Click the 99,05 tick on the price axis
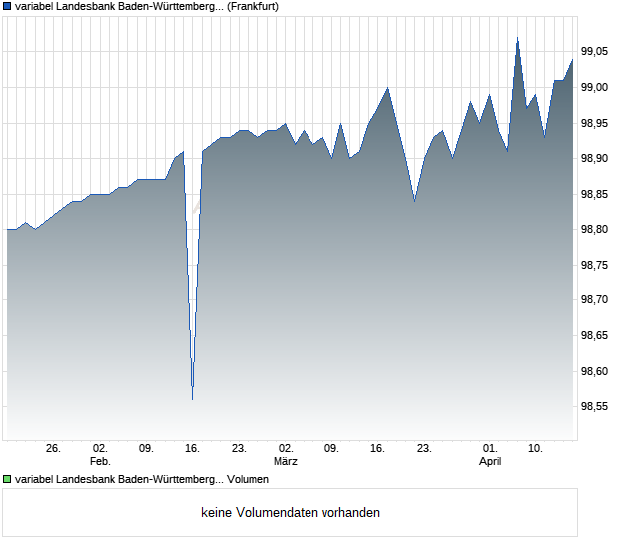click(595, 52)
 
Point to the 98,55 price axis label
click(595, 407)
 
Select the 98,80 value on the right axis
click(595, 230)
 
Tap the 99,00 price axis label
click(595, 88)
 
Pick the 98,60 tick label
click(595, 372)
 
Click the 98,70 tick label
click(595, 300)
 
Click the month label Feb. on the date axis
click(99, 462)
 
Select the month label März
click(286, 462)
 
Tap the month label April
click(490, 462)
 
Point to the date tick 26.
click(54, 449)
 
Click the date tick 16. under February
click(193, 449)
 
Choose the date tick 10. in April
click(536, 449)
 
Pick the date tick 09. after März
click(332, 449)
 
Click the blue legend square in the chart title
click(7, 6)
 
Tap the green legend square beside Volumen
click(7, 480)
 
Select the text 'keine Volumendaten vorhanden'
click(291, 513)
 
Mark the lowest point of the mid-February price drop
click(192, 399)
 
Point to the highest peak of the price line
click(517, 38)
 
